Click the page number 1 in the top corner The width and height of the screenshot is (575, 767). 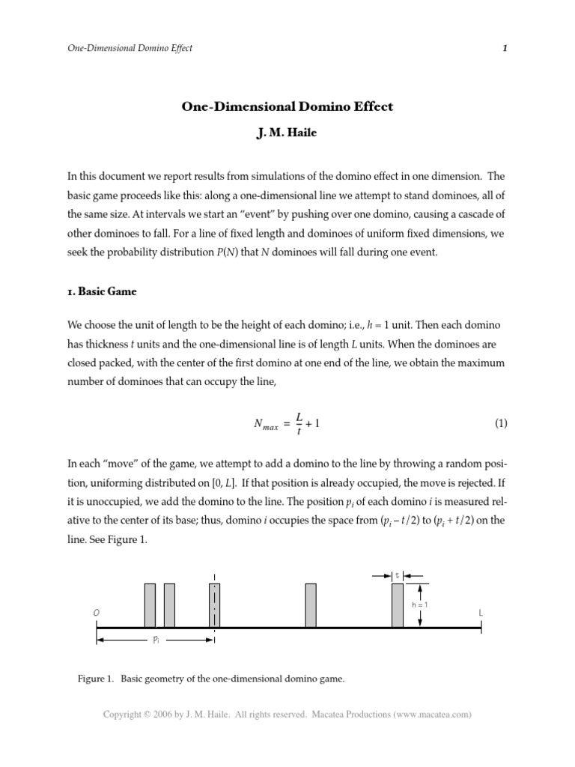[x=505, y=48]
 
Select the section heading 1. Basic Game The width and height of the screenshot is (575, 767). [x=102, y=291]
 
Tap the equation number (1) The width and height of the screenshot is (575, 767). [x=501, y=423]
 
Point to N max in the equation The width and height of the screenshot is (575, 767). [x=266, y=425]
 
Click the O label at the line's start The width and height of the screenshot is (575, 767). [x=97, y=613]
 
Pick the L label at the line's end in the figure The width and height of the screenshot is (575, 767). [x=481, y=613]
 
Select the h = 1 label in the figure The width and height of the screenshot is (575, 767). [x=420, y=603]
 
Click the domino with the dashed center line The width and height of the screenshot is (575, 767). [x=215, y=605]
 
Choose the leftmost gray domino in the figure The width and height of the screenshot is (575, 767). [x=150, y=605]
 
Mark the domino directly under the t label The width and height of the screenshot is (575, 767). [x=398, y=605]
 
